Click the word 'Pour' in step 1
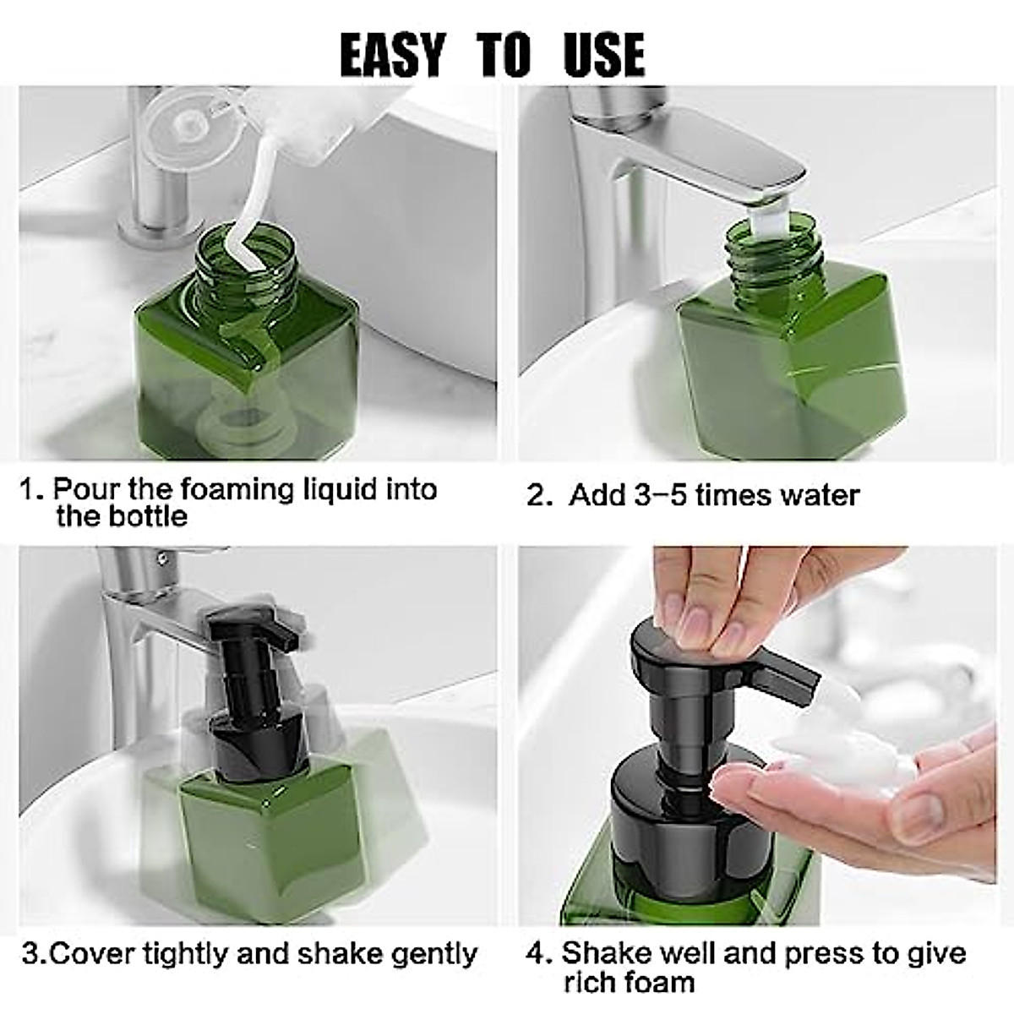(86, 489)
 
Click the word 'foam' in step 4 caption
(656, 982)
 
